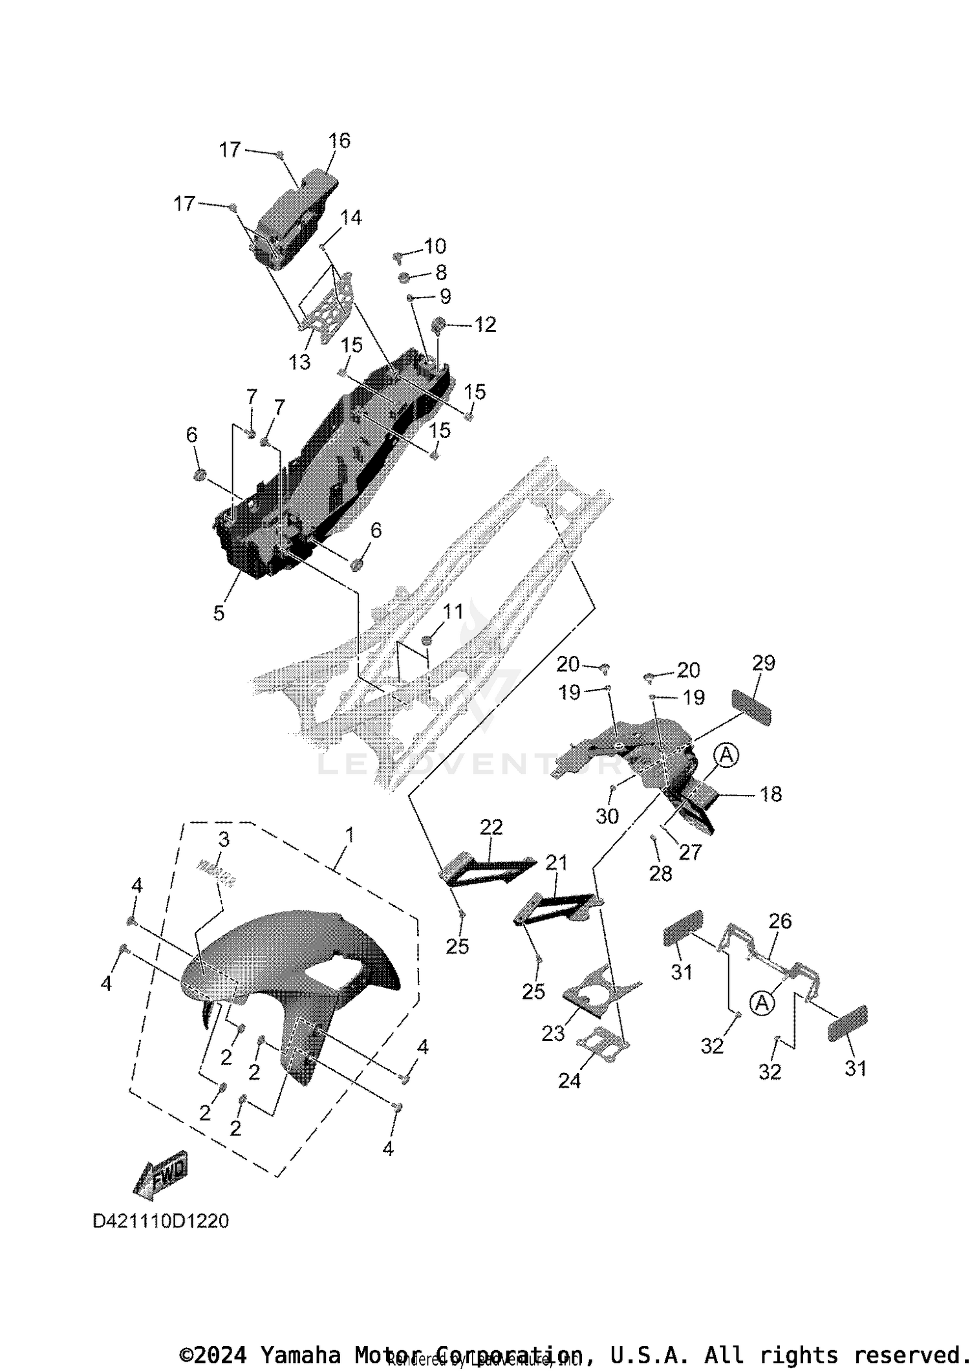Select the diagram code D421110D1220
pyautogui.click(x=160, y=1221)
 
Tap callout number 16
pyautogui.click(x=339, y=140)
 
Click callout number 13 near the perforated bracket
pyautogui.click(x=299, y=362)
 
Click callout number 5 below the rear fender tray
pyautogui.click(x=219, y=613)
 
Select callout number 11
pyautogui.click(x=453, y=611)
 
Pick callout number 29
pyautogui.click(x=764, y=663)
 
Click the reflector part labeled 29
pyautogui.click(x=751, y=707)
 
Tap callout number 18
pyautogui.click(x=771, y=794)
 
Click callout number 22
pyautogui.click(x=491, y=827)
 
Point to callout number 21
pyautogui.click(x=556, y=862)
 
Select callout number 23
pyautogui.click(x=553, y=1034)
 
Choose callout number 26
pyautogui.click(x=780, y=920)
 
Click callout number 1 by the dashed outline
pyautogui.click(x=350, y=835)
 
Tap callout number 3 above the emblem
pyautogui.click(x=224, y=840)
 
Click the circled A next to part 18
pyautogui.click(x=727, y=755)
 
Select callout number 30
pyautogui.click(x=607, y=816)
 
